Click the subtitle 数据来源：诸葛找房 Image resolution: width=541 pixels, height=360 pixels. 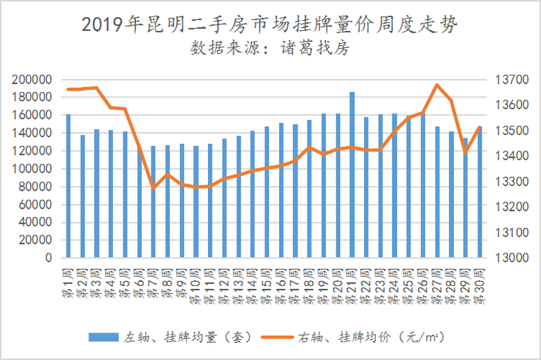pos(270,49)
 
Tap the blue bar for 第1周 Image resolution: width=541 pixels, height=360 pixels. pos(68,186)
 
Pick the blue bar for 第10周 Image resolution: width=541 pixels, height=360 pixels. pos(196,202)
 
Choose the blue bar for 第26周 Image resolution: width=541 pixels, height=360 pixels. pos(423,185)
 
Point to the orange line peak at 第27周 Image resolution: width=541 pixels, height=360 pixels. pos(437,84)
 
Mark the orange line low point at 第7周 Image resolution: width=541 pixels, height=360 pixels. pos(153,188)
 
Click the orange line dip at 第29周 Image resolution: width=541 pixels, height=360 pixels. pos(465,151)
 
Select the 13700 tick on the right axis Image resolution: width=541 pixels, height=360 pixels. pos(508,80)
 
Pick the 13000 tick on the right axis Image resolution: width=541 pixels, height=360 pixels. pos(508,258)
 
